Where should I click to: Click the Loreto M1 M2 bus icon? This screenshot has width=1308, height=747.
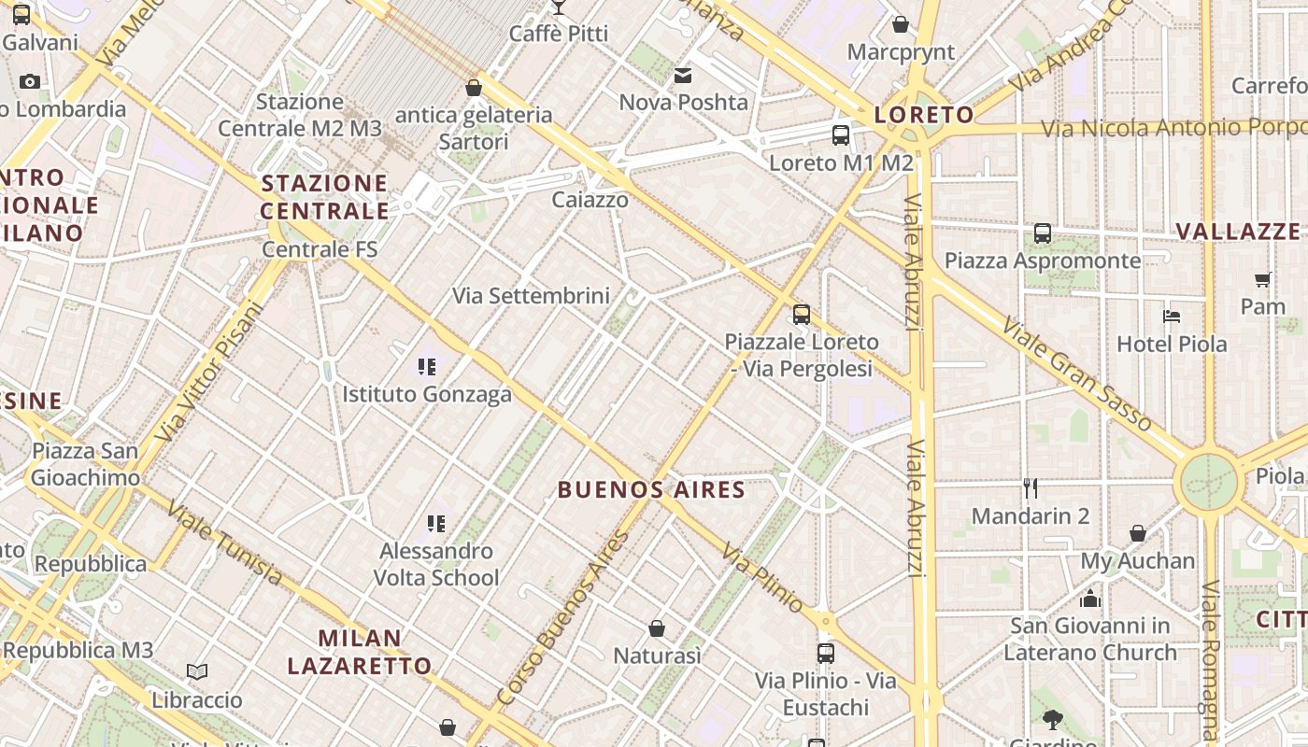point(841,135)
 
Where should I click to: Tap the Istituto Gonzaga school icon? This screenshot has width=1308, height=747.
point(427,366)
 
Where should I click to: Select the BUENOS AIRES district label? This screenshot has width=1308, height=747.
point(651,490)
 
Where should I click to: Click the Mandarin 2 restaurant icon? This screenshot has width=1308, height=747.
point(1031,487)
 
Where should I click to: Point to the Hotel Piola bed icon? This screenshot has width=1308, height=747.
point(1172,317)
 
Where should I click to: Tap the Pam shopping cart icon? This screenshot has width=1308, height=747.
point(1263,278)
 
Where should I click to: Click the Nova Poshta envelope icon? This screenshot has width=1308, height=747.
point(684,75)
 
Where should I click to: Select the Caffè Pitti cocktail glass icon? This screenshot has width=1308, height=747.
point(559,7)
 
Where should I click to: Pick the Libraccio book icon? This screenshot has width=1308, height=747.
point(197,671)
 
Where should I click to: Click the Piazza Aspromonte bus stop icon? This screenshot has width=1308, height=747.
point(1043,233)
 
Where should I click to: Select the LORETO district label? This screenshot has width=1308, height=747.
point(923,115)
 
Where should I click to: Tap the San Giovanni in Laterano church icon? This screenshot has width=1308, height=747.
point(1090,599)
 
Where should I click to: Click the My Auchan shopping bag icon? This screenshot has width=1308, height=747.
point(1138,533)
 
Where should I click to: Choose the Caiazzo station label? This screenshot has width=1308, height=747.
point(590,200)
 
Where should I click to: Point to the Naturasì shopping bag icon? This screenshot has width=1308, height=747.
point(657,628)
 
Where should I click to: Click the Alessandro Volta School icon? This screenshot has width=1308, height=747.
point(436,524)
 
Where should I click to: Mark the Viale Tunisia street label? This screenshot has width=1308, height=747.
point(224,542)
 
